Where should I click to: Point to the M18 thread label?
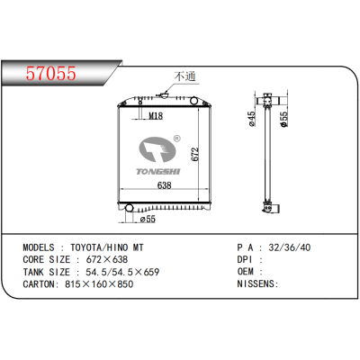click(x=155, y=115)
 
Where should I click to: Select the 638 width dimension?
click(x=166, y=186)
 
